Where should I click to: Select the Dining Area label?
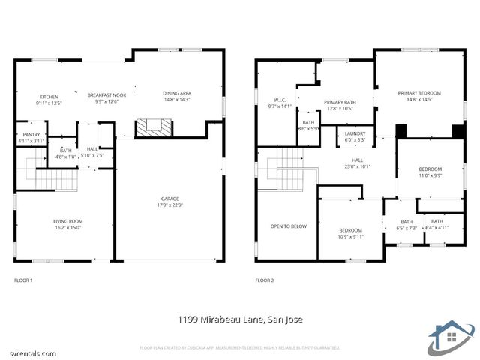pos(177,96)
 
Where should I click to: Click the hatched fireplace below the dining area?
pos(153,128)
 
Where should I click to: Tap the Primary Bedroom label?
pos(419,95)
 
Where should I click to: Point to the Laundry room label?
pos(355,136)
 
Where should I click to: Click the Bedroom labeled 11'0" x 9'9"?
pos(430,172)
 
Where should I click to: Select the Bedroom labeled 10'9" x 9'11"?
pos(350,233)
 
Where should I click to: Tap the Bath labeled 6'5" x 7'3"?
pos(406,224)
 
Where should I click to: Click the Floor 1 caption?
pos(23,280)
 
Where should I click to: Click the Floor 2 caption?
pos(265,280)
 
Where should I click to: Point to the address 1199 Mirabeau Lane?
pos(240,319)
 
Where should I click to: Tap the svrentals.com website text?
pos(28,352)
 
